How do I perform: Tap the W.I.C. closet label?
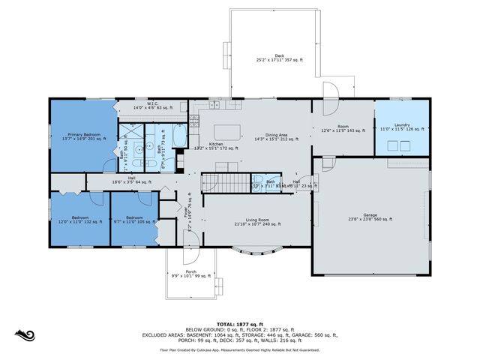pos(152,106)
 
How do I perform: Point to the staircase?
pos(225,182)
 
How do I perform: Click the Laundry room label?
pos(403,128)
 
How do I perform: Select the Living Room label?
pos(257,222)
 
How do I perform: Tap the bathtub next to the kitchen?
pos(181,136)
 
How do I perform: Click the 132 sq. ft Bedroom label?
pos(80,220)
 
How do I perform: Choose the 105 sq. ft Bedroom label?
pos(135,220)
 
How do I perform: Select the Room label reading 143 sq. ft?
pos(342,128)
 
